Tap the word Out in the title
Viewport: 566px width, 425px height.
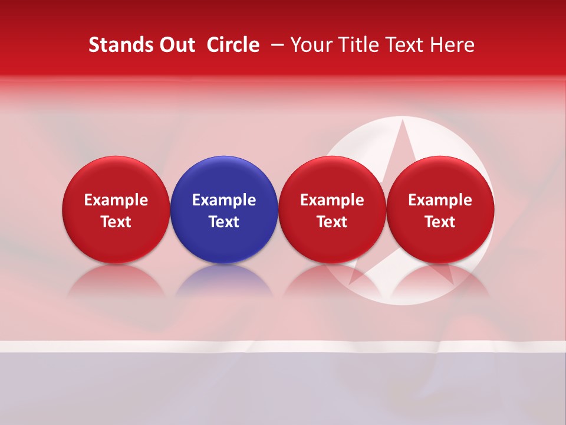coord(176,45)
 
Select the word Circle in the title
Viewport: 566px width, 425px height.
coord(233,45)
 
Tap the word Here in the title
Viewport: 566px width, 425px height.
coord(452,45)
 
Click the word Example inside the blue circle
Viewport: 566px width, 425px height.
coord(224,200)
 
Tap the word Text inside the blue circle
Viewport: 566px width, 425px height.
coord(224,222)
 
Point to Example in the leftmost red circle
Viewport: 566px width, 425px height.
coord(116,200)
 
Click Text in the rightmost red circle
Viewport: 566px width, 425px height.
coord(440,222)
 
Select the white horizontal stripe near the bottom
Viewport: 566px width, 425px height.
coord(283,346)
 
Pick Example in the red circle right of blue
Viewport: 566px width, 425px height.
coord(332,200)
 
